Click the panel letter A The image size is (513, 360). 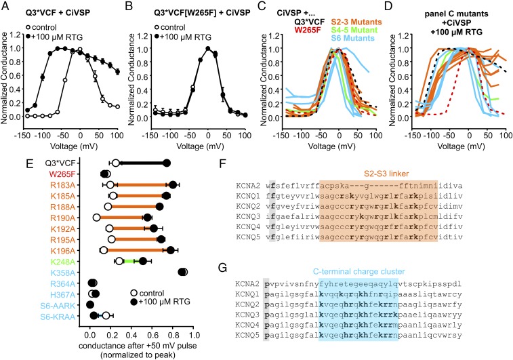pyautogui.click(x=5, y=6)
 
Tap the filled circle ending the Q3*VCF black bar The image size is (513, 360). pyautogui.click(x=167, y=163)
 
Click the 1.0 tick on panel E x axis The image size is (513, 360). pyautogui.click(x=194, y=336)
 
